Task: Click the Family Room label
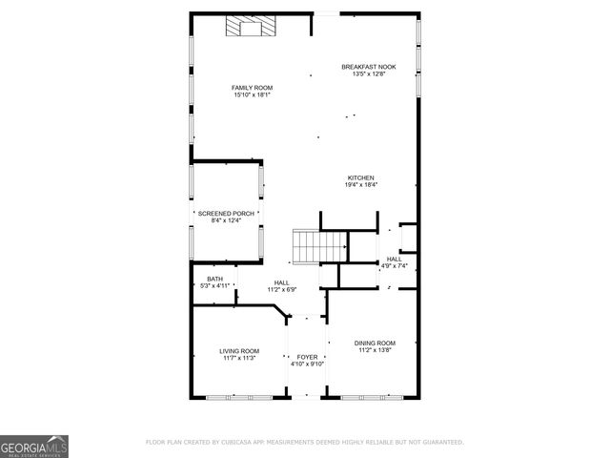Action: click(253, 87)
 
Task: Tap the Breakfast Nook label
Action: click(368, 67)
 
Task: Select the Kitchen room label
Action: click(360, 177)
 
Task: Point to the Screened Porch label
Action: click(225, 213)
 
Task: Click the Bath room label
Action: click(214, 279)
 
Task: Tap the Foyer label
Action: click(307, 356)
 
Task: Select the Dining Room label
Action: click(375, 343)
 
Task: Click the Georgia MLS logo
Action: click(33, 446)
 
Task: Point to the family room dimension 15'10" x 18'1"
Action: click(253, 94)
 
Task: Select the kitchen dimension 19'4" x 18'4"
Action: click(360, 185)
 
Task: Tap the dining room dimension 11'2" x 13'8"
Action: click(375, 350)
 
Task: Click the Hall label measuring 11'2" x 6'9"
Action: click(282, 282)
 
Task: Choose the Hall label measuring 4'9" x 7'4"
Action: click(394, 259)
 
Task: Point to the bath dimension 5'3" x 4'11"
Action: click(214, 286)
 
